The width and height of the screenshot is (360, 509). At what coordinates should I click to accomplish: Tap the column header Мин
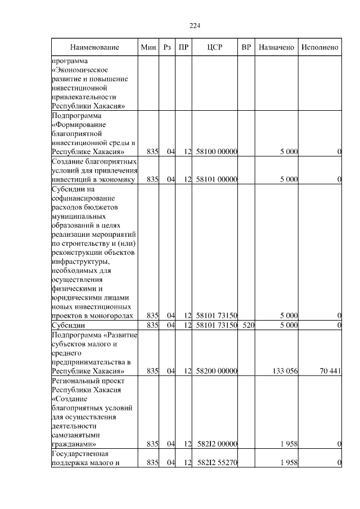(148, 47)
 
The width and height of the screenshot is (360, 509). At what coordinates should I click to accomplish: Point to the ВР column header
(246, 47)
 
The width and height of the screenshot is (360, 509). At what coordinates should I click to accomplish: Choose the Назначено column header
(276, 47)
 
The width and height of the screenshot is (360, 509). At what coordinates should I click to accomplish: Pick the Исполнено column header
(319, 47)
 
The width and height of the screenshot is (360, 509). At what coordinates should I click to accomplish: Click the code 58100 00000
(217, 151)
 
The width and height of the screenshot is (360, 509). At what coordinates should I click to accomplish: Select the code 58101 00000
(217, 179)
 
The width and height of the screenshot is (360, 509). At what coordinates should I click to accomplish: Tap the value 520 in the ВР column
(248, 325)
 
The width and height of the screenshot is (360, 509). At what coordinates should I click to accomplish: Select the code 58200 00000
(217, 371)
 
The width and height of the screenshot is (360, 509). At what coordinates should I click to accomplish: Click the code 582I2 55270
(217, 462)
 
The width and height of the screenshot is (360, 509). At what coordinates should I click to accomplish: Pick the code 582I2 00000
(217, 444)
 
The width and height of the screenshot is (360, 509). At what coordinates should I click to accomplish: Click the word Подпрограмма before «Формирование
(75, 115)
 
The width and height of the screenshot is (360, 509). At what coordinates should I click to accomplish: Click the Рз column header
(167, 47)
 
